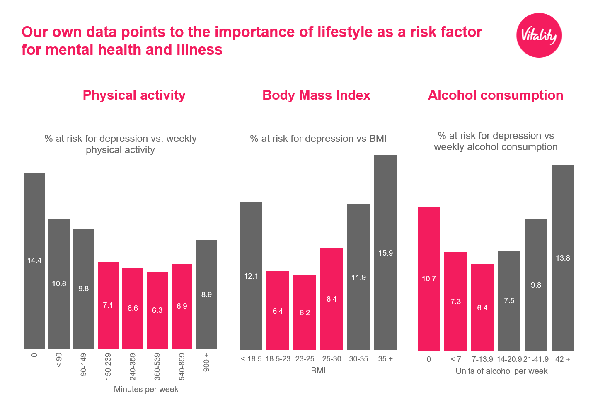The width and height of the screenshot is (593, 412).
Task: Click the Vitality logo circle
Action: pos(539,35)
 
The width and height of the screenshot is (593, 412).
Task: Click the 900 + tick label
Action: pos(206,363)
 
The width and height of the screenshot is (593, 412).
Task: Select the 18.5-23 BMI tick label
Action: pos(278,359)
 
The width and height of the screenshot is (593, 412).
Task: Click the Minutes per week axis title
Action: pos(146,389)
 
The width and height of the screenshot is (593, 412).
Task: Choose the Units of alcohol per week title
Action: pos(501,371)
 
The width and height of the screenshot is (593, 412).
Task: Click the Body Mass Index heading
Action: pos(316,95)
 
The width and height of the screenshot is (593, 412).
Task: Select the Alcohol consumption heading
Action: pos(495,95)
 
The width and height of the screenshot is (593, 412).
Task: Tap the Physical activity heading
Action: pos(134,95)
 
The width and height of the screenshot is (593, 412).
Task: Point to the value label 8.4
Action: pos(332,299)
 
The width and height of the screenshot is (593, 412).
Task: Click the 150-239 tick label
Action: pos(108,366)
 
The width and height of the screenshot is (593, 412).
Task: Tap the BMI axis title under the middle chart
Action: pos(318,371)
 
